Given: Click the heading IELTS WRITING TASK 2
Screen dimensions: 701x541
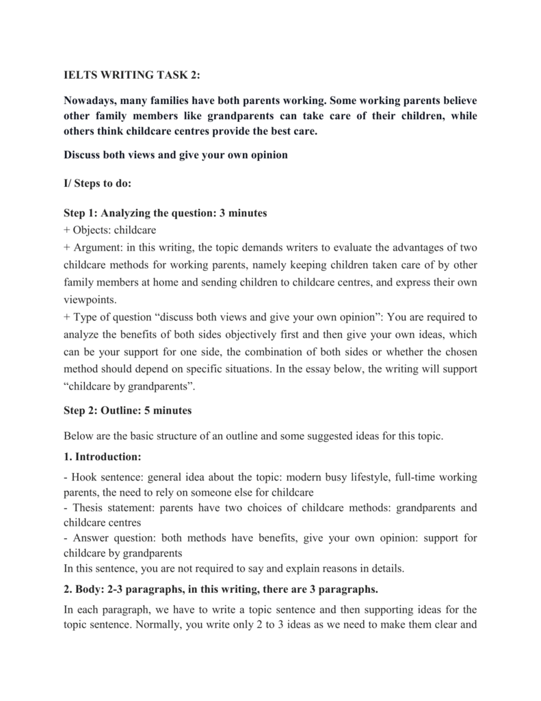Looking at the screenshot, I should (128, 72).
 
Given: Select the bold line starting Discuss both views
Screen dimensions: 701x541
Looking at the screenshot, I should (175, 155).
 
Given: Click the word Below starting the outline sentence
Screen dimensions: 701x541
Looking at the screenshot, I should (77, 436).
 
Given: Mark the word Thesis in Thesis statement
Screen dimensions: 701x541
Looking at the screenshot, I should (85, 509).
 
